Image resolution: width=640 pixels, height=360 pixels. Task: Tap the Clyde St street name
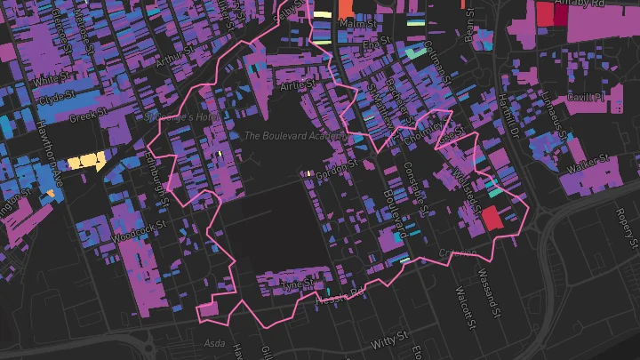tap(54, 98)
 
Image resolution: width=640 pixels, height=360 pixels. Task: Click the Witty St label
tap(390, 340)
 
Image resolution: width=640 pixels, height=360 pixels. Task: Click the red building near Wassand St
tap(493, 218)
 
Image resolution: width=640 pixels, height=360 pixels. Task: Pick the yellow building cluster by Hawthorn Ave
tap(87, 161)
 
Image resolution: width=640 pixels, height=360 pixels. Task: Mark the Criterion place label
tap(458, 253)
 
